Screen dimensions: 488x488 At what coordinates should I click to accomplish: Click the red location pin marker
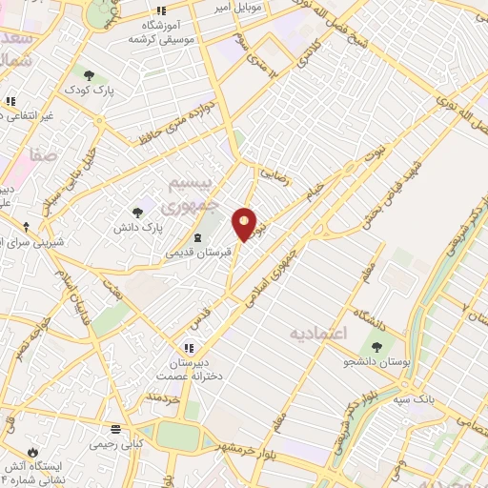click(245, 225)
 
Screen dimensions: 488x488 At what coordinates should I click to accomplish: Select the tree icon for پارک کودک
click(88, 75)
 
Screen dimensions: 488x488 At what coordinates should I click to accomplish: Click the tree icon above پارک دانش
click(138, 213)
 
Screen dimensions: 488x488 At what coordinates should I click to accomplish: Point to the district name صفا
click(43, 152)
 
